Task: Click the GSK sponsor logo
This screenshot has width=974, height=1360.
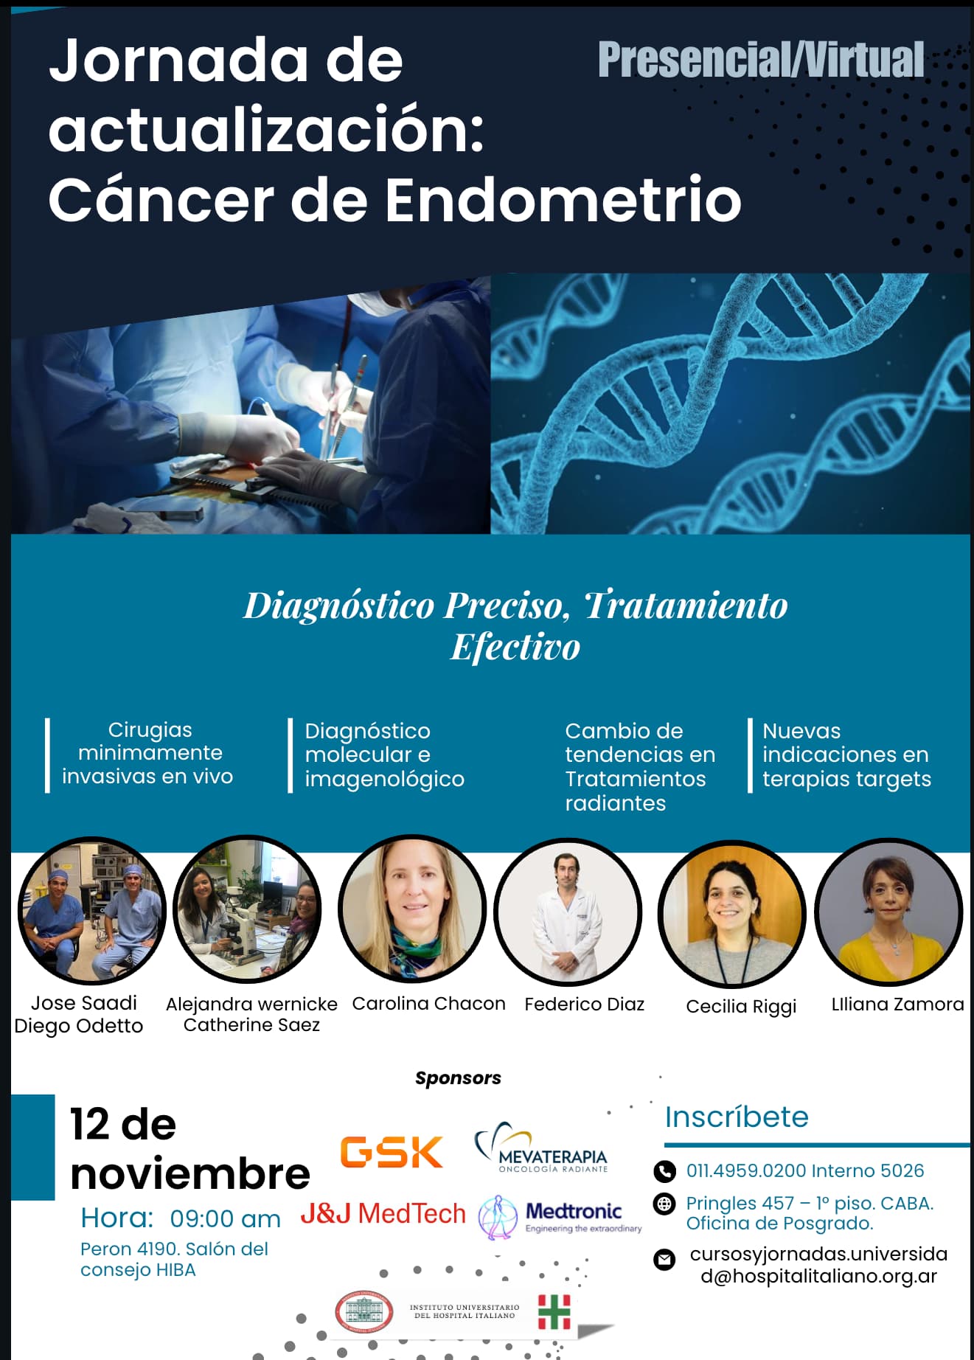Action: click(391, 1152)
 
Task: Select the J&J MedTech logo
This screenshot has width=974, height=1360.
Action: click(383, 1213)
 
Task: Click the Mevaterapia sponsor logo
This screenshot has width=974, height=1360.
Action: click(541, 1148)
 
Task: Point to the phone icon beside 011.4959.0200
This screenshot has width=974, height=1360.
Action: click(664, 1170)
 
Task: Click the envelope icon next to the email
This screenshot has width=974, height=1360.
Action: click(664, 1260)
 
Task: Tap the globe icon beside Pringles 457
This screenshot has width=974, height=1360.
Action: click(664, 1204)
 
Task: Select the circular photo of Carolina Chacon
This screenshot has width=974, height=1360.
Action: click(412, 909)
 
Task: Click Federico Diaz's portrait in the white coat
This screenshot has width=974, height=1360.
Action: click(568, 912)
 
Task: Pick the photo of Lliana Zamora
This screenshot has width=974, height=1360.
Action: click(888, 912)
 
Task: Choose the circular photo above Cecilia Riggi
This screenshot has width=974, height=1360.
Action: click(732, 914)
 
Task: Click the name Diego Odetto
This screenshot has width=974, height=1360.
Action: click(79, 1026)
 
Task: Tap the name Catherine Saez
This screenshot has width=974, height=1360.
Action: click(251, 1025)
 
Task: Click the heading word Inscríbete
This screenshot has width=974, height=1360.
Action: click(737, 1117)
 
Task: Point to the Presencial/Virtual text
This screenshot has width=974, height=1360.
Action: click(761, 60)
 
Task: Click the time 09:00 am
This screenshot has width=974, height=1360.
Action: click(225, 1219)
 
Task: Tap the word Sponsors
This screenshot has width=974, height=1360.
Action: click(458, 1078)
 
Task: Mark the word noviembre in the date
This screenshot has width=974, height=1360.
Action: click(190, 1173)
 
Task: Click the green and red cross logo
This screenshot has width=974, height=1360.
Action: click(554, 1312)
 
